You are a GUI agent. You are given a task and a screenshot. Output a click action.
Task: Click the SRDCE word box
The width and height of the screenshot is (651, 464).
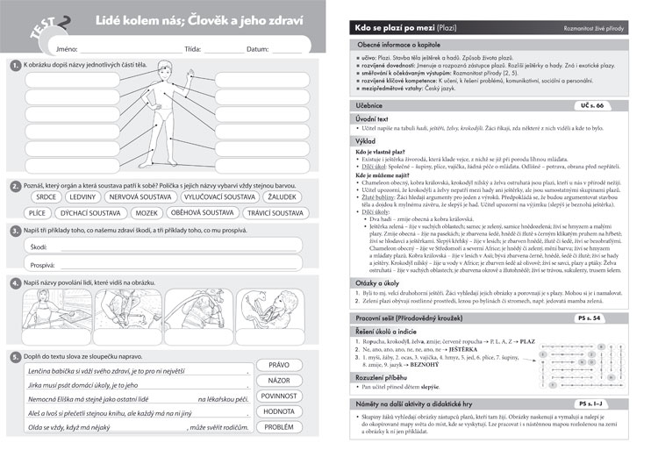(x=41, y=197)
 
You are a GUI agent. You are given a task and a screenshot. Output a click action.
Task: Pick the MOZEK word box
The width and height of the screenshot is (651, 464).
(x=147, y=213)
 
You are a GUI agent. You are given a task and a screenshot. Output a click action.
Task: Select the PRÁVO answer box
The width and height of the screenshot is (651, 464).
(x=278, y=365)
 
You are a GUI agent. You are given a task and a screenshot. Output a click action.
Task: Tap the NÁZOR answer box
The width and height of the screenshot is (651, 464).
(x=278, y=381)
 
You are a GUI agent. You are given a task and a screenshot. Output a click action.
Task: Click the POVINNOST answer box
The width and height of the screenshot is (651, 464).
(x=278, y=396)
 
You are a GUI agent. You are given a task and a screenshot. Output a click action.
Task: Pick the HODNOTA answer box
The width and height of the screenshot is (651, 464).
(x=278, y=412)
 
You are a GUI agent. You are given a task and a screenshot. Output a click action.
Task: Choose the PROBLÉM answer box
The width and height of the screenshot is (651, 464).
(x=278, y=428)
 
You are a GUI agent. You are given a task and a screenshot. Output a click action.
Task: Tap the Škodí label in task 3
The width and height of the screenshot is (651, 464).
(x=39, y=248)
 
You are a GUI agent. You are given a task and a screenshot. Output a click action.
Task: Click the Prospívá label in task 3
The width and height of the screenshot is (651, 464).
(x=43, y=264)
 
